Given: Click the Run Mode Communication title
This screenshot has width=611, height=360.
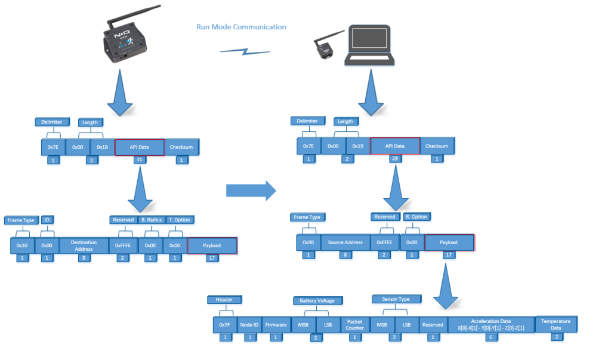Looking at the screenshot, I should coord(241,27).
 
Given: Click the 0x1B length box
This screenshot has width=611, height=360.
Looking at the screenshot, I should coord(102,146).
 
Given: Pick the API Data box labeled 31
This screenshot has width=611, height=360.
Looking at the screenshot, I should coord(139,147).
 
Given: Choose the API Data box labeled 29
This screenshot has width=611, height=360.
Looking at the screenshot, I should coord(394,146).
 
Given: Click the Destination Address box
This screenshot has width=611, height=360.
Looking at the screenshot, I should coord(84,245).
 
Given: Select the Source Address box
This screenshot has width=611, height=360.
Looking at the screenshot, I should coord(345,242).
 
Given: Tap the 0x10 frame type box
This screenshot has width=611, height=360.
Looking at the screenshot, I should coord(22,245).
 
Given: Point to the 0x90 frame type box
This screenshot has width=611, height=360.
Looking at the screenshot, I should coord(308,242).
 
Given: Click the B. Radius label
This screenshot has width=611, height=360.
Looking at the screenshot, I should coord(152,220).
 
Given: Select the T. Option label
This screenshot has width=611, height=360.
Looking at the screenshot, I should coord(179,220).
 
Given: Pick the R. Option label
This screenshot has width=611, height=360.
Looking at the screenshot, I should coord(416,216).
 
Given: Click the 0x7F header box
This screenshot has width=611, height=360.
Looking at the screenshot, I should coord(224,325).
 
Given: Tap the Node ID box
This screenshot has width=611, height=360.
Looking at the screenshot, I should coord(249,325).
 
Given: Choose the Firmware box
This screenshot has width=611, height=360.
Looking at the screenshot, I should coord(275,325).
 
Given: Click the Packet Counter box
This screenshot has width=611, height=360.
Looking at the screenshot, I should coord(354,324).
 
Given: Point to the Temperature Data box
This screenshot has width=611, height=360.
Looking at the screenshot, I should coord(555,324).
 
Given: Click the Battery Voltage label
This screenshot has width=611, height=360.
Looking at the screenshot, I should coord(317,300).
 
